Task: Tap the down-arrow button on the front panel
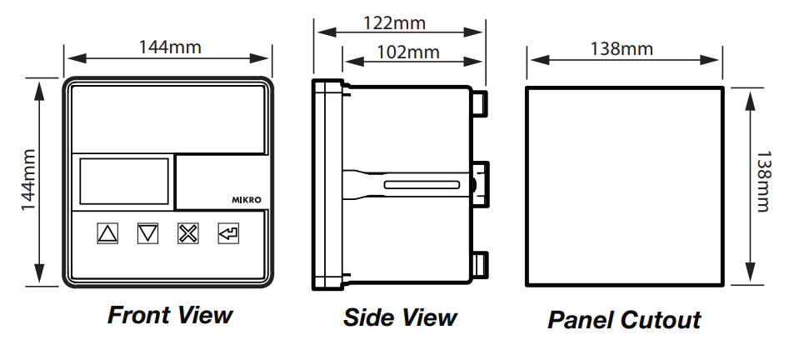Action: coord(147,232)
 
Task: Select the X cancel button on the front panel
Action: coord(187,232)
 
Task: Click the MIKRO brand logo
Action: coord(247,199)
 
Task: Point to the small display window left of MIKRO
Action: coord(123,181)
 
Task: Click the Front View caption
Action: coord(170,315)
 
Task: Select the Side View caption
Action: coord(400,317)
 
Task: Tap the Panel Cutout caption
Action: coord(624,319)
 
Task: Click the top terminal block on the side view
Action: coord(480,101)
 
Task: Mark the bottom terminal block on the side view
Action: coord(480,264)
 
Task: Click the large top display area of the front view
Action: coord(169,117)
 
